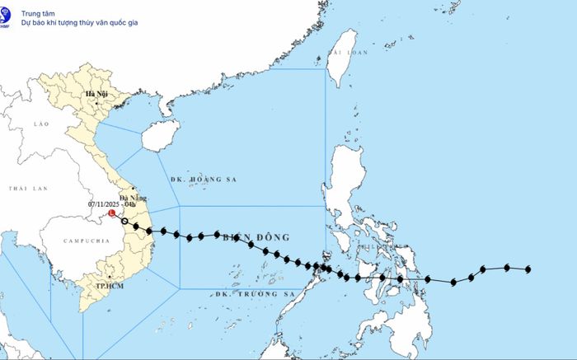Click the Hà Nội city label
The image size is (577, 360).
click(96, 94)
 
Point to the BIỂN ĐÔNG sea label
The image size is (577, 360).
click(256, 237)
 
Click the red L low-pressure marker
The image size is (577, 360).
click(112, 213)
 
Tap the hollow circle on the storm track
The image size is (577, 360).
click(124, 220)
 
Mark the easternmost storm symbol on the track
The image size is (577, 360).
click(527, 269)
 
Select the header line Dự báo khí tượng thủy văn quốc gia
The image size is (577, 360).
click(79, 22)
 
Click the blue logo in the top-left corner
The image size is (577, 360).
click(6, 17)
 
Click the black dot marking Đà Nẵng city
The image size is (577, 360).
click(134, 189)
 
